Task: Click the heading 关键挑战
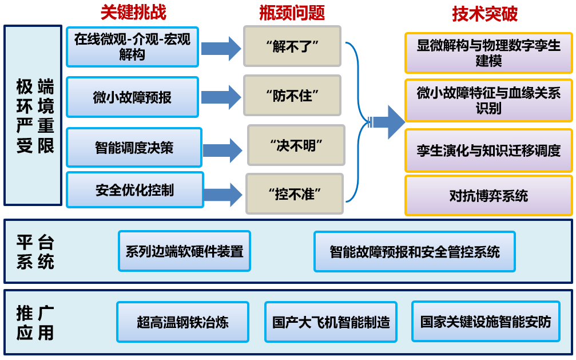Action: tap(133, 13)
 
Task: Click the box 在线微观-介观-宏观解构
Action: tap(132, 47)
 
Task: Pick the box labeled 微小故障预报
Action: tap(132, 97)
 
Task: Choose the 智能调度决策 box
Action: tap(134, 148)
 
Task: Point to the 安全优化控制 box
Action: tap(134, 190)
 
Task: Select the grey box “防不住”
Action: tap(292, 95)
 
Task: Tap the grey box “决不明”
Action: tap(296, 145)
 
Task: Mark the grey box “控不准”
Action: tap(295, 194)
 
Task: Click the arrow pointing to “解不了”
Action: tap(221, 49)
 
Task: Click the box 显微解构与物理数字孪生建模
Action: tap(488, 53)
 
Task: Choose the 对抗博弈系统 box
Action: tap(488, 196)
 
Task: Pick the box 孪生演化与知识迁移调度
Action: tap(488, 151)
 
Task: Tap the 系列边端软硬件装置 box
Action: tap(184, 251)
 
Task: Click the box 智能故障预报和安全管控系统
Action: tap(414, 251)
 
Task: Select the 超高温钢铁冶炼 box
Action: tap(182, 322)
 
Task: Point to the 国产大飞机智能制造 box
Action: tap(331, 322)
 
